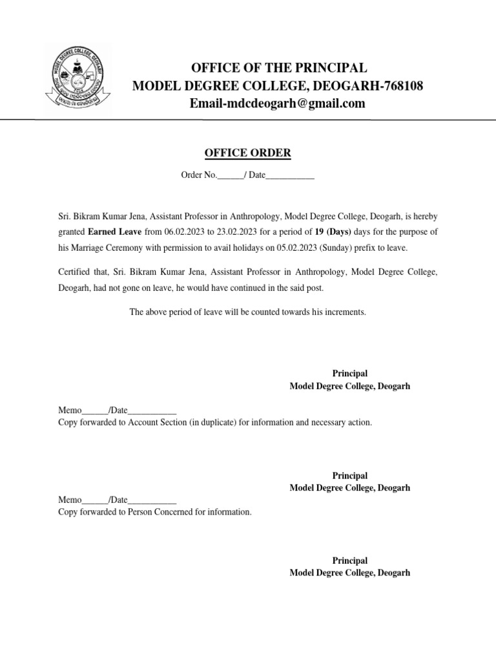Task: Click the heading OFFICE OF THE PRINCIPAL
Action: coord(278,69)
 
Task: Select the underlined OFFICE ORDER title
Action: coord(247,153)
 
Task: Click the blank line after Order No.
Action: coord(229,176)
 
